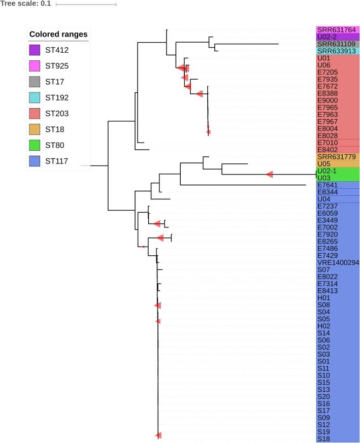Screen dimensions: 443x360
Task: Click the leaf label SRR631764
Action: (337, 30)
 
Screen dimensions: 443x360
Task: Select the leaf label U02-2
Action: (328, 37)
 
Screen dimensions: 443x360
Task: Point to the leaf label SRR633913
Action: (337, 51)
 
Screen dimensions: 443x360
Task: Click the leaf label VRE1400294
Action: (338, 263)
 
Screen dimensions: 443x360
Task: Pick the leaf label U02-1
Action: (328, 171)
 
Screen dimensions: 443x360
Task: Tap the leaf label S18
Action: (323, 438)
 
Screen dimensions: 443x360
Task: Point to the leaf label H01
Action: (324, 298)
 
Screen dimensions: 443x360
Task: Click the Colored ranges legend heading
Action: (58, 35)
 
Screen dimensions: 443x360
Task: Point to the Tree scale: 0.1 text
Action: (24, 4)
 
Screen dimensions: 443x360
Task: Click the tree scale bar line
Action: (86, 4)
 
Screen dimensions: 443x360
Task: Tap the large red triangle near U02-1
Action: (270, 174)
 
